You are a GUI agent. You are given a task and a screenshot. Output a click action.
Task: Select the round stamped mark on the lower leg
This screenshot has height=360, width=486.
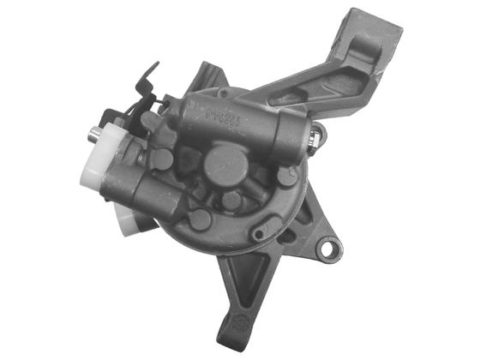point(243,326)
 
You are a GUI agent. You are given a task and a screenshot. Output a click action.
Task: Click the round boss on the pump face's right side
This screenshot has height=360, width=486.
point(286,176)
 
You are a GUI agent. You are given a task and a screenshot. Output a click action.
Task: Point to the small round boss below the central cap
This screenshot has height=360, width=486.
point(231,201)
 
